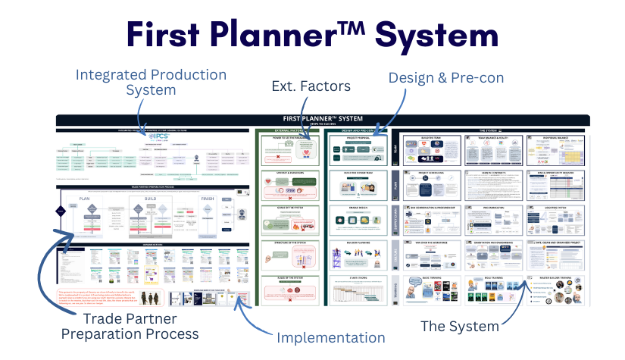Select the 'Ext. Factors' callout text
pyautogui.click(x=311, y=86)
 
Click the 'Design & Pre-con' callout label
pyautogui.click(x=445, y=77)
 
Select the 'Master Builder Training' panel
pyautogui.click(x=559, y=291)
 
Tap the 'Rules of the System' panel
pyautogui.click(x=286, y=291)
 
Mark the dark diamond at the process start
pyautogui.click(x=61, y=212)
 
